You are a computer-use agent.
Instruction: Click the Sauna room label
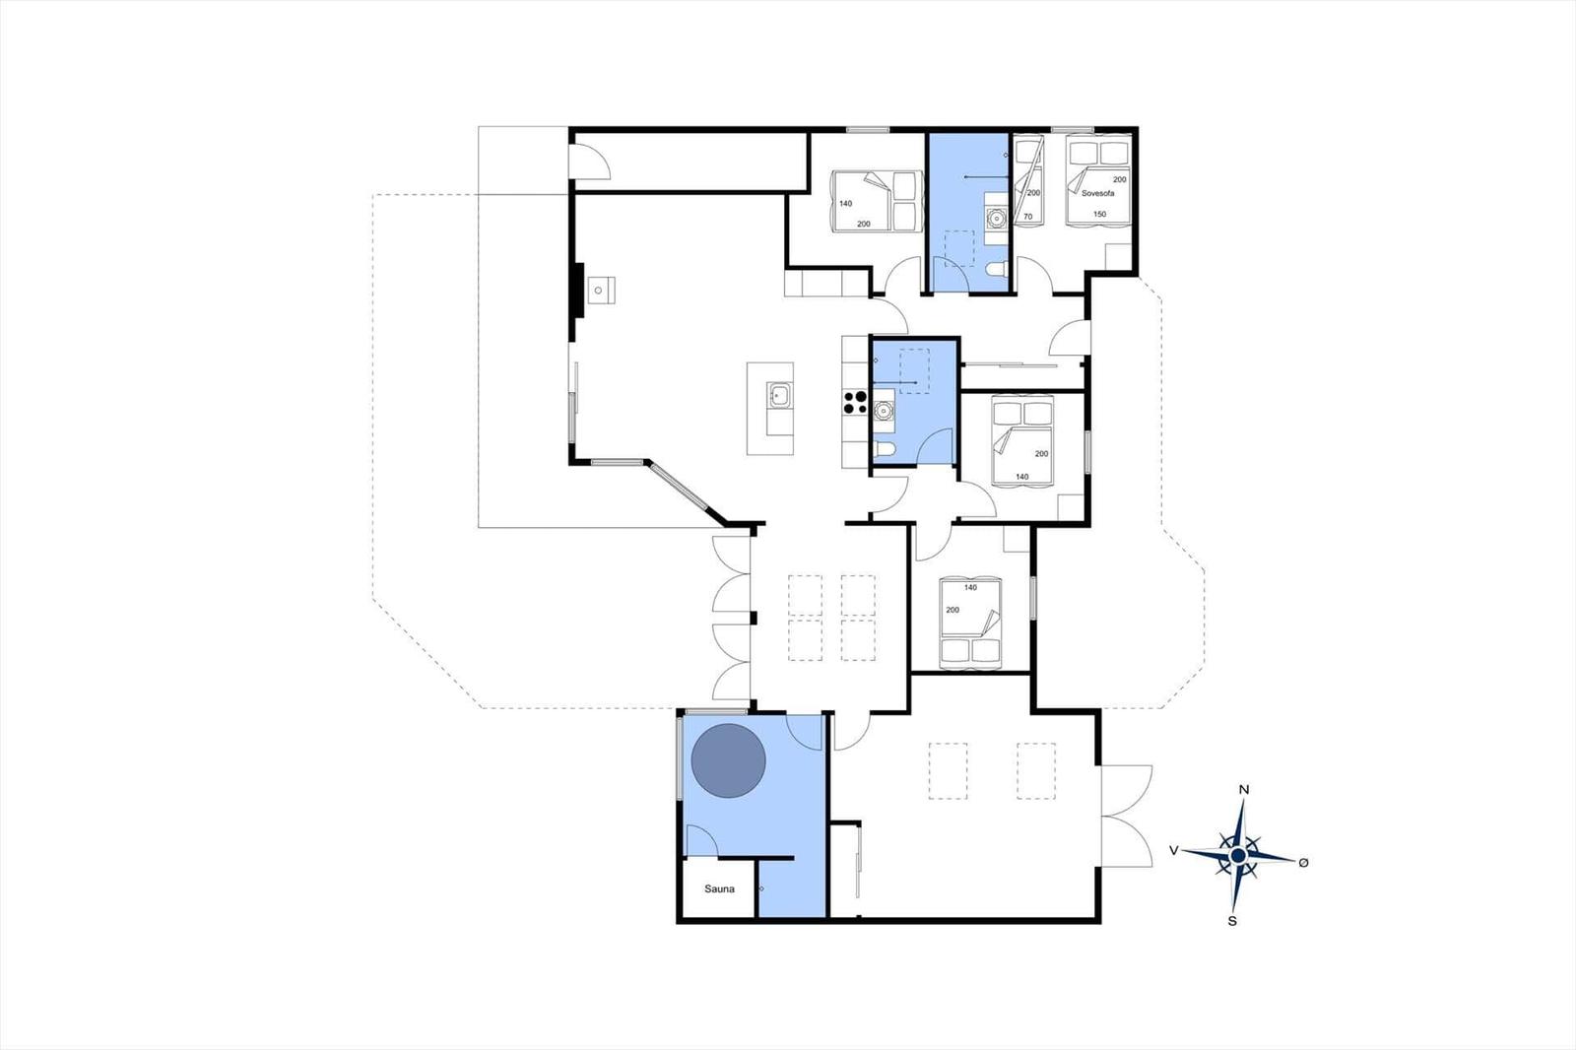pyautogui.click(x=719, y=889)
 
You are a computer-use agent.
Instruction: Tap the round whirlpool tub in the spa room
pyautogui.click(x=729, y=760)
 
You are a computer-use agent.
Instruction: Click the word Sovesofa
pyautogui.click(x=1097, y=194)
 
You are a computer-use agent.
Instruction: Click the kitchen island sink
pyautogui.click(x=779, y=396)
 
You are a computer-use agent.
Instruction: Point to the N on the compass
pyautogui.click(x=1244, y=790)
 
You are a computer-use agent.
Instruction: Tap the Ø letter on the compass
pyautogui.click(x=1303, y=863)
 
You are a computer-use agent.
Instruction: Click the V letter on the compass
pyautogui.click(x=1174, y=850)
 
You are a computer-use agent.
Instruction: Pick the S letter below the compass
pyautogui.click(x=1232, y=921)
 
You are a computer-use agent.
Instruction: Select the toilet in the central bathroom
pyautogui.click(x=884, y=451)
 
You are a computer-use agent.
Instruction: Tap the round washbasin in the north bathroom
pyautogui.click(x=996, y=219)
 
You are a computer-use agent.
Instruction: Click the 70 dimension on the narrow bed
pyautogui.click(x=1028, y=217)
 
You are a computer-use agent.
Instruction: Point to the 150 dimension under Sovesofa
pyautogui.click(x=1099, y=214)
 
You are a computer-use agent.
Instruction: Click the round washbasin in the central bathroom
pyautogui.click(x=883, y=409)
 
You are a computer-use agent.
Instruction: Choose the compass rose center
pyautogui.click(x=1238, y=856)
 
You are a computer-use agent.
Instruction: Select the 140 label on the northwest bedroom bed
pyautogui.click(x=846, y=204)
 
